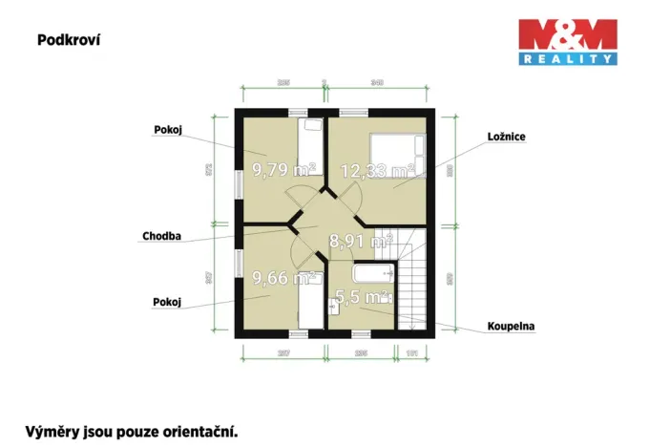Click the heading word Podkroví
[69, 40]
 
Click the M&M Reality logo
[567, 43]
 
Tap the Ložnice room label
[505, 137]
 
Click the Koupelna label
[511, 326]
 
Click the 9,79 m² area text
[283, 170]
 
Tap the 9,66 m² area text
[283, 279]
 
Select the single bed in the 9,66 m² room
[309, 307]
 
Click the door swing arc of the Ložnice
[352, 200]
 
